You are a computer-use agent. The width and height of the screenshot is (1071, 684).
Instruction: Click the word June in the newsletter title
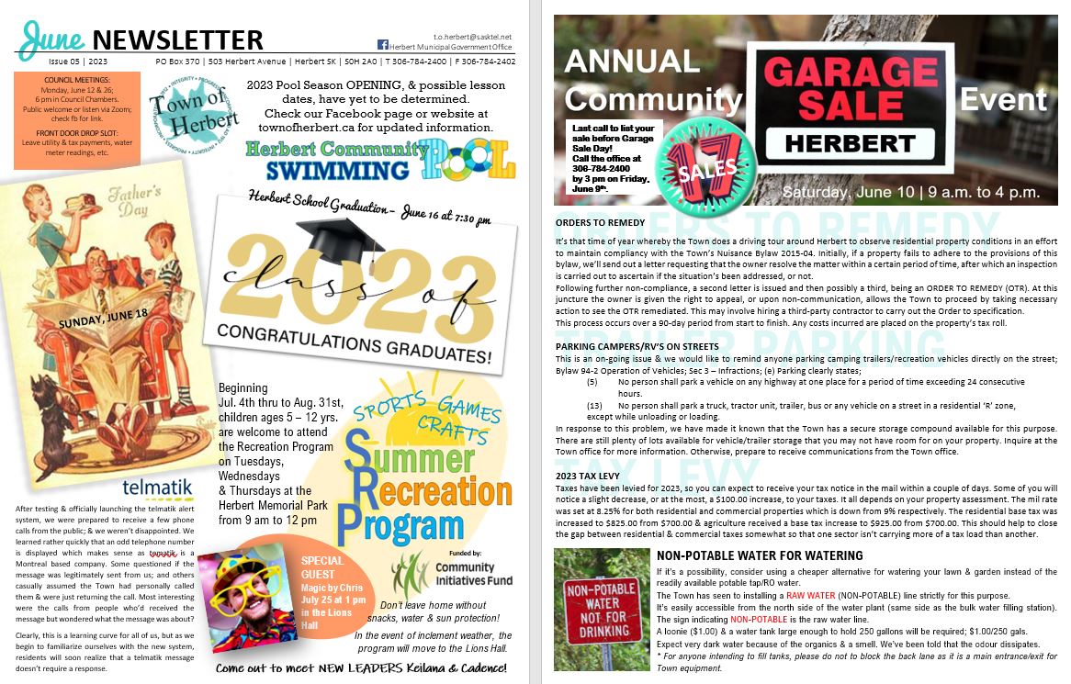point(52,38)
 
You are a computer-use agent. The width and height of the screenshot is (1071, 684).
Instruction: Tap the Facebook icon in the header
point(383,45)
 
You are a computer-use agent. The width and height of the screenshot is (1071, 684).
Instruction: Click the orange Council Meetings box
point(77,118)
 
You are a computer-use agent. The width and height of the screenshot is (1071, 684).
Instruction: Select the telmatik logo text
point(151,486)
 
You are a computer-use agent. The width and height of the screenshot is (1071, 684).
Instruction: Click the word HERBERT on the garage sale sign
point(849,143)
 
